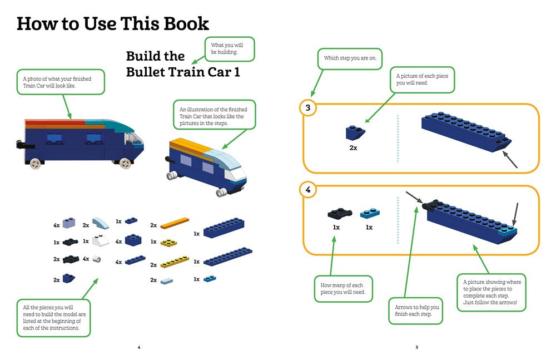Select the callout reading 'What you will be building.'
230,48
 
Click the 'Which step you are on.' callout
349,58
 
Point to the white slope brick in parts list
100,242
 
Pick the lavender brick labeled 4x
69,224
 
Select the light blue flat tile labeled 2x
167,281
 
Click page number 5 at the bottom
416,347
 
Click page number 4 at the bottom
139,347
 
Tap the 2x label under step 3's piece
353,148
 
